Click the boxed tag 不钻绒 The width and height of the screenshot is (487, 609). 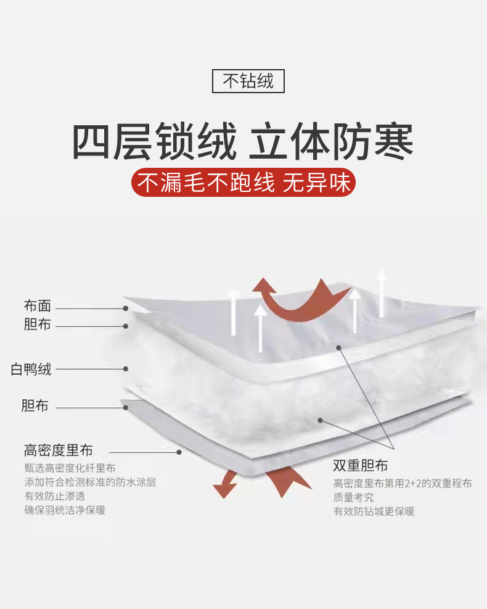coord(248,81)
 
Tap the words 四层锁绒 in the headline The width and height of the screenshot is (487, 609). coord(154,142)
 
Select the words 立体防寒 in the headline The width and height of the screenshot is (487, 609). coord(331,142)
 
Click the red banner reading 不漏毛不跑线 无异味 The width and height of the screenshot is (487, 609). coord(243,183)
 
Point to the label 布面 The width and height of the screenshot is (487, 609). coord(38,306)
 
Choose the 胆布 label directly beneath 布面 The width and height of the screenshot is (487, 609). coord(38,325)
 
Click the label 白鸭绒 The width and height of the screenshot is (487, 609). coord(31,370)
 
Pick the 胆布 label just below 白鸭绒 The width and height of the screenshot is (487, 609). coord(35,406)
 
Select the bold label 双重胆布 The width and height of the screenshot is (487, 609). coord(361,465)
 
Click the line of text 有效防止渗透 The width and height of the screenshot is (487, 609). coord(55,496)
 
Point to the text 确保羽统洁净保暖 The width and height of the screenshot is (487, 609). coord(65,510)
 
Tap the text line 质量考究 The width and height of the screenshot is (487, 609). coord(353,497)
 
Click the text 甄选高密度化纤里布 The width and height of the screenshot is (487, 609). coord(70,468)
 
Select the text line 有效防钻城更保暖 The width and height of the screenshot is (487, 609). coord(374,512)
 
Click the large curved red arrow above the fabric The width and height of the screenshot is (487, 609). coord(301,300)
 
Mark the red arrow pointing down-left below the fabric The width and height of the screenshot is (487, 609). coord(226,484)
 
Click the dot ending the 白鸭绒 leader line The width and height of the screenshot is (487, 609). coord(126,369)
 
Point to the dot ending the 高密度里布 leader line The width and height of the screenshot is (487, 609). coord(179,451)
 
